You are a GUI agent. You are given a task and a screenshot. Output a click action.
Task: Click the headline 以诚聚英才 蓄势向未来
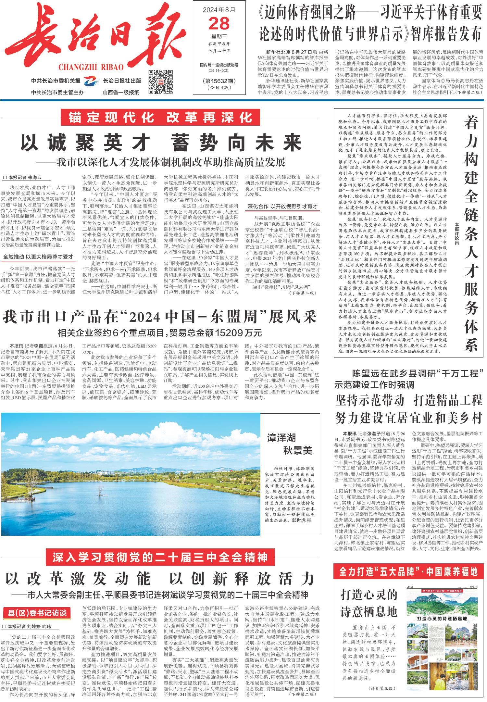coord(161,142)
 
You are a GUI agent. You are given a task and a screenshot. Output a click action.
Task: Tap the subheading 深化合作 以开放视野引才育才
coord(282,207)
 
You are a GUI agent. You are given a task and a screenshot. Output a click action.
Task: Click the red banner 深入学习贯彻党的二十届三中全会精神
coord(161,558)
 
